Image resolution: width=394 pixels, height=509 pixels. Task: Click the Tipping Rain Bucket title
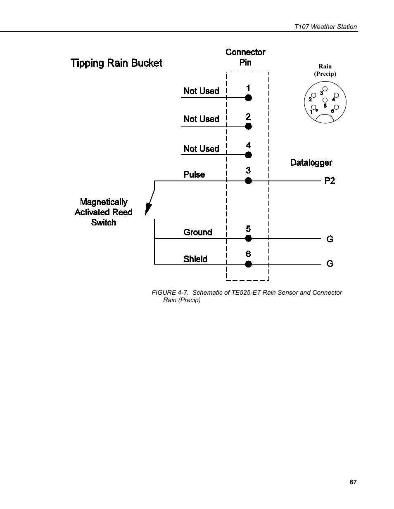[x=116, y=63]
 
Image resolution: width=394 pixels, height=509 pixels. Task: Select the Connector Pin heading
[x=245, y=57]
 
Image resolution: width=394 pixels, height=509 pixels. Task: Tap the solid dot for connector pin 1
[x=248, y=98]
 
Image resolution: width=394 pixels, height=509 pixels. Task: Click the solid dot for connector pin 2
[x=248, y=126]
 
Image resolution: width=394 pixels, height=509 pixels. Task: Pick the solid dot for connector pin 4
[x=248, y=155]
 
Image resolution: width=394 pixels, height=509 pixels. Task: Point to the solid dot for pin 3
[x=248, y=181]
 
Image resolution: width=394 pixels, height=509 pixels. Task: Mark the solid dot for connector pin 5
[x=248, y=239]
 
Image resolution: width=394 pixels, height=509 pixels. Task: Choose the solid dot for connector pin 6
[x=248, y=264]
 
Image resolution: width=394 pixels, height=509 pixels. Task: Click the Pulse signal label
[x=194, y=174]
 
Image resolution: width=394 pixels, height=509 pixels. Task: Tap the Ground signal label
[x=197, y=232]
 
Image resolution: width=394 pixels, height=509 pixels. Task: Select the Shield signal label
[x=195, y=259]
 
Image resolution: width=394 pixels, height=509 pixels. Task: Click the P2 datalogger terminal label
[x=330, y=181]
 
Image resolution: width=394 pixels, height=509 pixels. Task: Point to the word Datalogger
[x=311, y=162]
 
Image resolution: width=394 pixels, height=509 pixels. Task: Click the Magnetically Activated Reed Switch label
[x=104, y=212]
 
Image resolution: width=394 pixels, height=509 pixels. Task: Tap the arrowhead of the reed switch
[x=147, y=211]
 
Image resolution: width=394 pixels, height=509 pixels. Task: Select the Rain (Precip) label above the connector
[x=325, y=70]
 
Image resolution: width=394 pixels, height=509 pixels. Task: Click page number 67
[x=353, y=482]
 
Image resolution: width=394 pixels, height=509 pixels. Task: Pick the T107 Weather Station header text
[x=325, y=26]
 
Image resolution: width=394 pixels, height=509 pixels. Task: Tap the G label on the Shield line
[x=330, y=264]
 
